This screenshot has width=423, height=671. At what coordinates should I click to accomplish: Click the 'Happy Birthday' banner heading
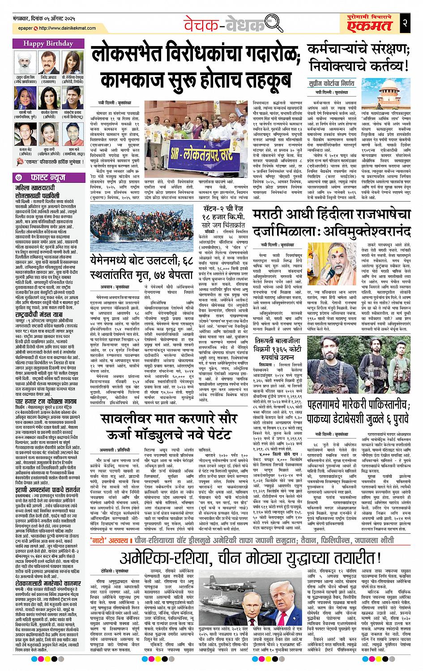coord(46,43)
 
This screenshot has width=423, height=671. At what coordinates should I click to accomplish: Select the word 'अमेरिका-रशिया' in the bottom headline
coord(165,570)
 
